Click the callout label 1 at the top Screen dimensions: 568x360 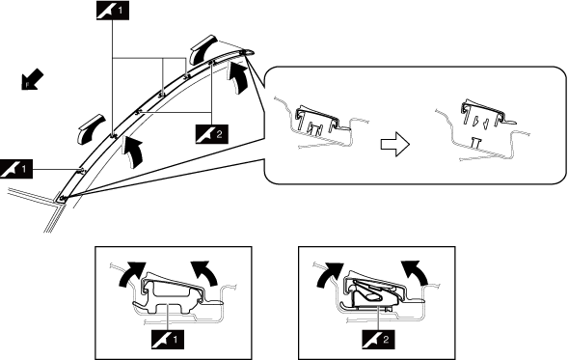tap(113, 11)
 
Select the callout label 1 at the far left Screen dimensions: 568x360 tap(16, 169)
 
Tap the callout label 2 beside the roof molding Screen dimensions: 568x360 tap(212, 134)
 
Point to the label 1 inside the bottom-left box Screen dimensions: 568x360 tap(168, 340)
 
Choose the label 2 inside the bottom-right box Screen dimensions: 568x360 tap(378, 340)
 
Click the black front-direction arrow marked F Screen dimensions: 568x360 tap(32, 80)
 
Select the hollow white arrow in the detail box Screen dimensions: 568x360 tap(394, 145)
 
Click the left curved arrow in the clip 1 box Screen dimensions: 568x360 tap(132, 274)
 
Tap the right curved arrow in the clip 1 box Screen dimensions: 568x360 tap(204, 272)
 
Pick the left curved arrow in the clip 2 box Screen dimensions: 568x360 tap(331, 274)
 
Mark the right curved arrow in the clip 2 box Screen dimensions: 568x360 tap(415, 272)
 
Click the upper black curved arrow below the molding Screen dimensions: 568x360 tap(237, 78)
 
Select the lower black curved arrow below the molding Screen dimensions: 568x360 tap(132, 152)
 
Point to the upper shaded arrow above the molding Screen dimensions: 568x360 tap(203, 49)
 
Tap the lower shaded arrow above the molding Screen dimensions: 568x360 tap(92, 129)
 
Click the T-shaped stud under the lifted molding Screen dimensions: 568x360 tap(476, 143)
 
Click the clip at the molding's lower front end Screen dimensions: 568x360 tap(63, 198)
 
